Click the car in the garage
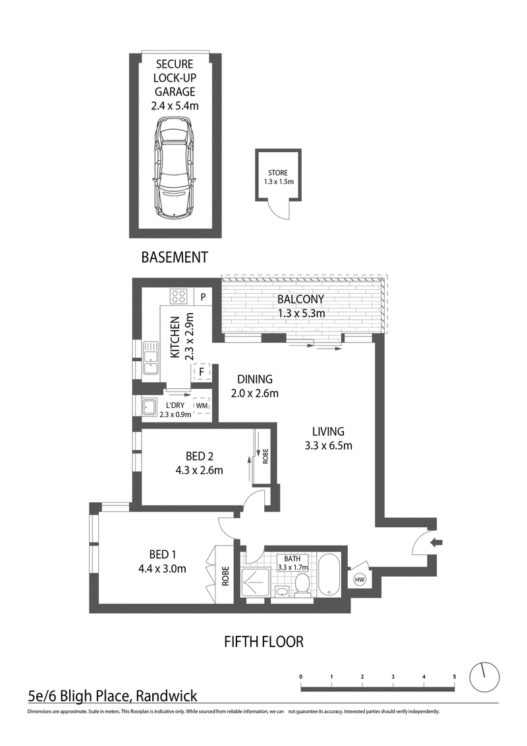pos(174,169)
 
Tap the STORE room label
pos(278,173)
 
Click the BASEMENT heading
pos(175,258)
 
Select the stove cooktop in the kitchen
pos(179,297)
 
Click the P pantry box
pos(203,297)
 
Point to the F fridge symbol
pos(201,372)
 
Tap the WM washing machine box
pos(201,405)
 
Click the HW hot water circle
pos(360,579)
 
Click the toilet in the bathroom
pos(302,585)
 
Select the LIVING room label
pos(328,432)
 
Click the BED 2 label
pos(200,457)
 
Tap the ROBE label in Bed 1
pos(225,576)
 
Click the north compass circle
pos(485,677)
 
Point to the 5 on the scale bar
pos(455,677)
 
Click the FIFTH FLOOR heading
pos(263,642)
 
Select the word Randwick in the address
pos(167,697)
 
